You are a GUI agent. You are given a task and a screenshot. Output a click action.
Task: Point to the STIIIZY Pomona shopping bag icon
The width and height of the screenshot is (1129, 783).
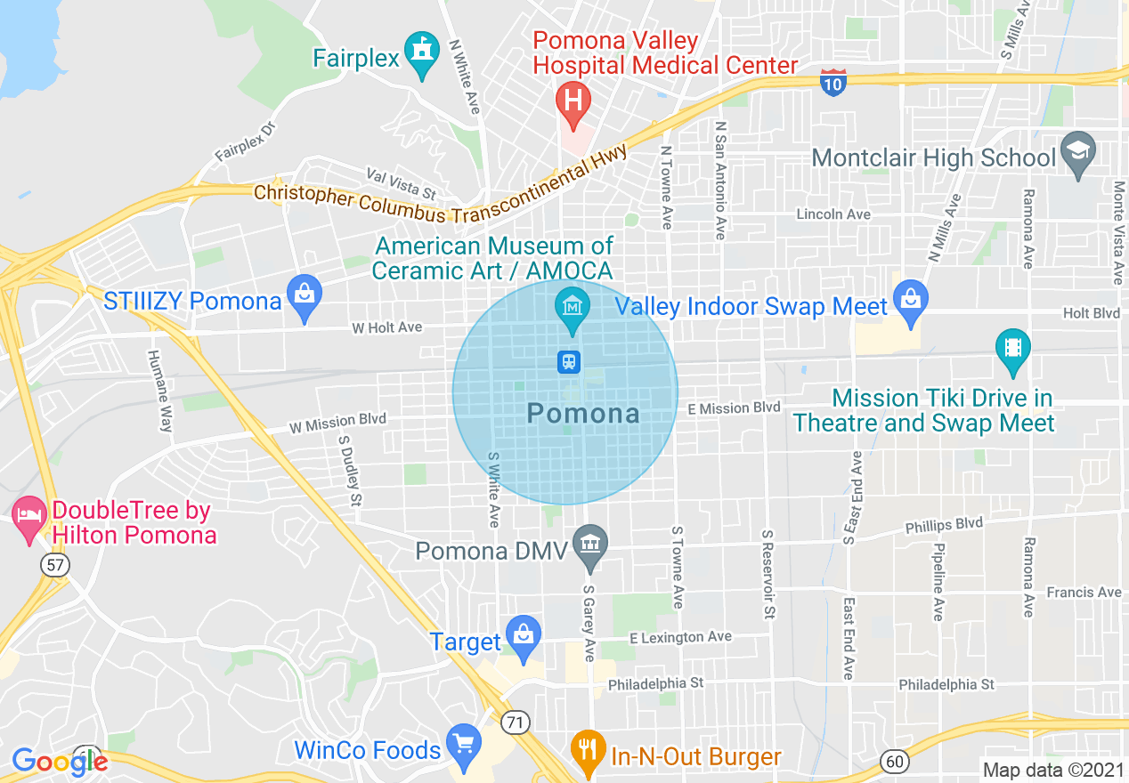(x=305, y=296)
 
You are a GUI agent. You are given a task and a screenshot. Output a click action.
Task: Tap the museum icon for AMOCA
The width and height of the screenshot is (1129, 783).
(x=572, y=308)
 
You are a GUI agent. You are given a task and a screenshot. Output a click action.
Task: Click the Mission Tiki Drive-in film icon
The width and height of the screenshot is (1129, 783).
(x=1013, y=348)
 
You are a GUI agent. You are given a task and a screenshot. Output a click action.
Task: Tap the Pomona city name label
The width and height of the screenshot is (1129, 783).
(x=583, y=413)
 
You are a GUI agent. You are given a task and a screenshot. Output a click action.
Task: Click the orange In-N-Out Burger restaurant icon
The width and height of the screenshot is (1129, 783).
(x=587, y=748)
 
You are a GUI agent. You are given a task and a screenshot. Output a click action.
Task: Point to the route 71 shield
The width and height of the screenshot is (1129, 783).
(x=514, y=722)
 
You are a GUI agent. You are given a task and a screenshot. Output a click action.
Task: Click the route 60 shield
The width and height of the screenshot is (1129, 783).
(x=894, y=761)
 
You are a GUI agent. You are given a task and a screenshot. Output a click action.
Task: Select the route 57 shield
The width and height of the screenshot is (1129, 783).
(x=54, y=564)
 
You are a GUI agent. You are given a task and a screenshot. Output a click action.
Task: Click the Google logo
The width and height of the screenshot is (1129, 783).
(x=59, y=761)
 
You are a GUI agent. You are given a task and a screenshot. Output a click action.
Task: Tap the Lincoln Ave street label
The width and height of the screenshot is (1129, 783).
(x=833, y=214)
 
